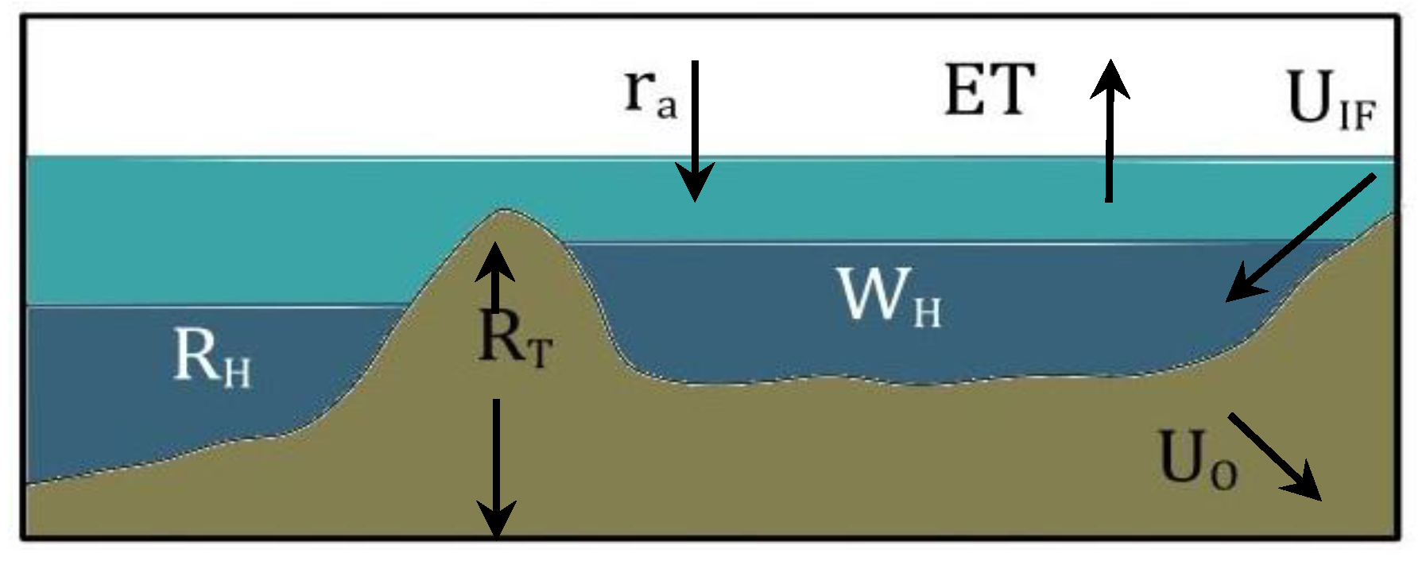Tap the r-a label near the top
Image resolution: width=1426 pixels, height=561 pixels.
(650, 93)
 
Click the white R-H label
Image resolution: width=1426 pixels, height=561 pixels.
(211, 358)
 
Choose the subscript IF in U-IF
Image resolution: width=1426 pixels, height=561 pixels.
(1358, 116)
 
